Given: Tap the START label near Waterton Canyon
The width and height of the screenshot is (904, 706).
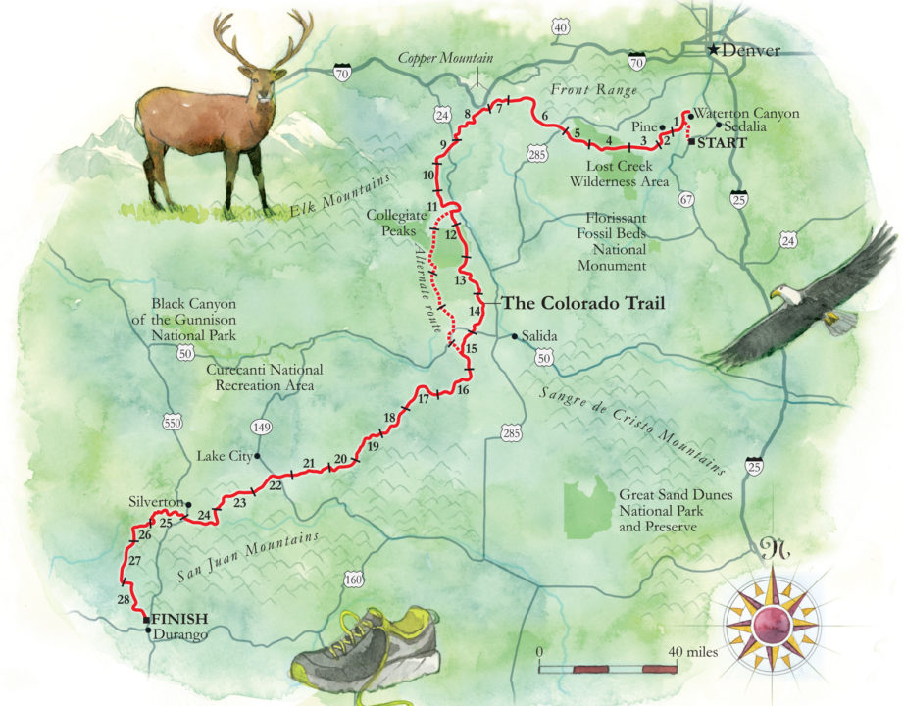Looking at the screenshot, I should click(x=721, y=143).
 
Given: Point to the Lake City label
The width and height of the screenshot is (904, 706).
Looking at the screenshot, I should click(x=224, y=456).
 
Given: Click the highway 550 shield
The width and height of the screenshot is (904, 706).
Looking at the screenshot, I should click(x=173, y=423).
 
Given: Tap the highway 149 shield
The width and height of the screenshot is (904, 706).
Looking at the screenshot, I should click(x=261, y=428).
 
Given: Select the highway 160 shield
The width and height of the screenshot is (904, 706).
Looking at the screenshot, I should click(x=354, y=580).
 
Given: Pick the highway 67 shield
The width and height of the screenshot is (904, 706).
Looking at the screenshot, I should click(x=685, y=200).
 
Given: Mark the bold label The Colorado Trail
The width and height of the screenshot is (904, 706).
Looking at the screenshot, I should click(x=583, y=304).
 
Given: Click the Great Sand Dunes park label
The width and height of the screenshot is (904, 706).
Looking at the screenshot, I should click(x=675, y=511).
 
